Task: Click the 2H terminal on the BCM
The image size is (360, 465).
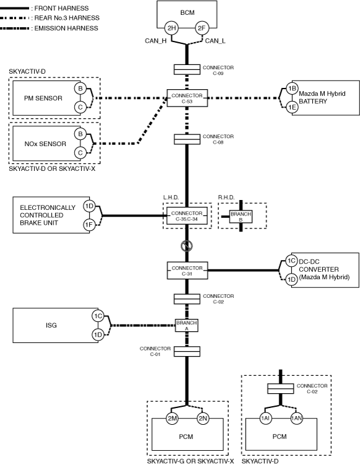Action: (x=171, y=28)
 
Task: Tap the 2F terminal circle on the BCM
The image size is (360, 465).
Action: (x=202, y=28)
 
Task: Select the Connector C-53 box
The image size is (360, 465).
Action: (x=187, y=98)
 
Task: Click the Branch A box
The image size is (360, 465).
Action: (x=187, y=325)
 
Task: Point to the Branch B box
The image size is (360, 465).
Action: (x=241, y=217)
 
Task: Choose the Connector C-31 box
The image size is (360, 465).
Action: (x=187, y=271)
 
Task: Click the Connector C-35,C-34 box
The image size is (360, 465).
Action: (x=187, y=216)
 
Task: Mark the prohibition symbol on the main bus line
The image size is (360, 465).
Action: (x=187, y=246)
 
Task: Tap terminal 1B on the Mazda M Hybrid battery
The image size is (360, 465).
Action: (x=292, y=89)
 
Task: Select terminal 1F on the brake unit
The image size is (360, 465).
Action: (x=89, y=225)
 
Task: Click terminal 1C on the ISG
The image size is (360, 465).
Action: (x=98, y=316)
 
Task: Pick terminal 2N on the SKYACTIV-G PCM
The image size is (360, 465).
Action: (x=203, y=419)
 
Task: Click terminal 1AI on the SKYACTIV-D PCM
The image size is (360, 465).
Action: (x=265, y=418)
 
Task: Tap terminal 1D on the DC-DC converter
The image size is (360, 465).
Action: (x=291, y=280)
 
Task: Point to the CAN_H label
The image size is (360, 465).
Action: (x=155, y=41)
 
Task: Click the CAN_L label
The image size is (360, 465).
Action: (x=215, y=41)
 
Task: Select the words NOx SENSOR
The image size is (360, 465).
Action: (x=45, y=144)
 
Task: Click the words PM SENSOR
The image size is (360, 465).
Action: (x=43, y=98)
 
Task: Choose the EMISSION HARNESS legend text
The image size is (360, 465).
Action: (x=66, y=28)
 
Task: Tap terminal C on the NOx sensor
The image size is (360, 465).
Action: (x=80, y=153)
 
